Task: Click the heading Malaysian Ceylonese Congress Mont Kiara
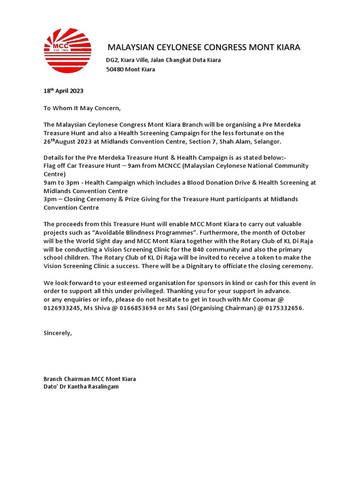tap(204, 47)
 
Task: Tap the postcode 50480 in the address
tap(115, 69)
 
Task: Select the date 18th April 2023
tap(63, 91)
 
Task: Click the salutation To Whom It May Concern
tap(82, 108)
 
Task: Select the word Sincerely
tap(58, 333)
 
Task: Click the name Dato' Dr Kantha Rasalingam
tap(81, 387)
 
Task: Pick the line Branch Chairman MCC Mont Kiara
tap(90, 379)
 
